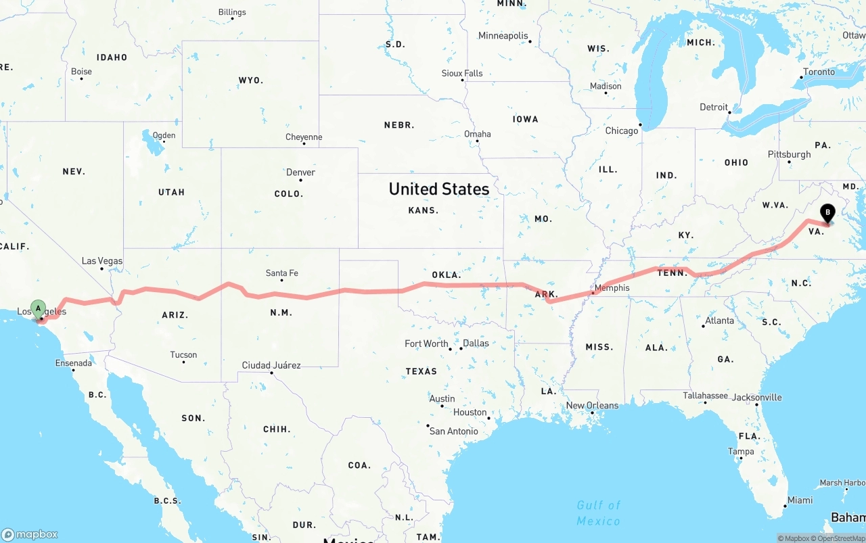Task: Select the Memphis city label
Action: (612, 287)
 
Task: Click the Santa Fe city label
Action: (281, 273)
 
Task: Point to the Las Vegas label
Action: (102, 260)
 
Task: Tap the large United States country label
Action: (438, 189)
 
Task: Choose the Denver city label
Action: (300, 172)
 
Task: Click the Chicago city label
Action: (622, 131)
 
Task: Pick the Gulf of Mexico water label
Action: (598, 513)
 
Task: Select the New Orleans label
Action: (592, 405)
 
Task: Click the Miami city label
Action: (800, 500)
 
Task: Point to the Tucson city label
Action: (183, 354)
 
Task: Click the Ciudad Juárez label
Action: (271, 365)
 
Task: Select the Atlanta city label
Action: (719, 321)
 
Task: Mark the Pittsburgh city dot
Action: (790, 162)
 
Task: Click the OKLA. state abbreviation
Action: (446, 275)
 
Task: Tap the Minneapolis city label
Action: (503, 35)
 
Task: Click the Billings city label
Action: (232, 12)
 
